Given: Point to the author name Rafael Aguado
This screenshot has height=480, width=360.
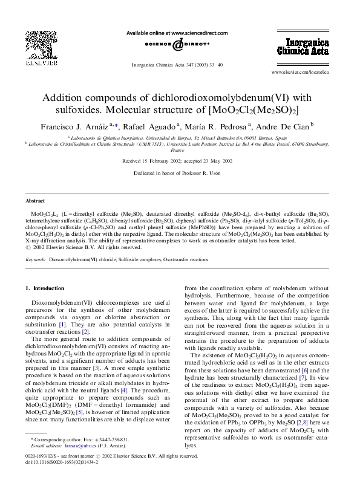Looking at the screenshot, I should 159,126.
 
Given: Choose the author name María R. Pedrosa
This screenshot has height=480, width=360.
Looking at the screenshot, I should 220,126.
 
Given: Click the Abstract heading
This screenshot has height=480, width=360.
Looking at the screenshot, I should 35,200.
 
